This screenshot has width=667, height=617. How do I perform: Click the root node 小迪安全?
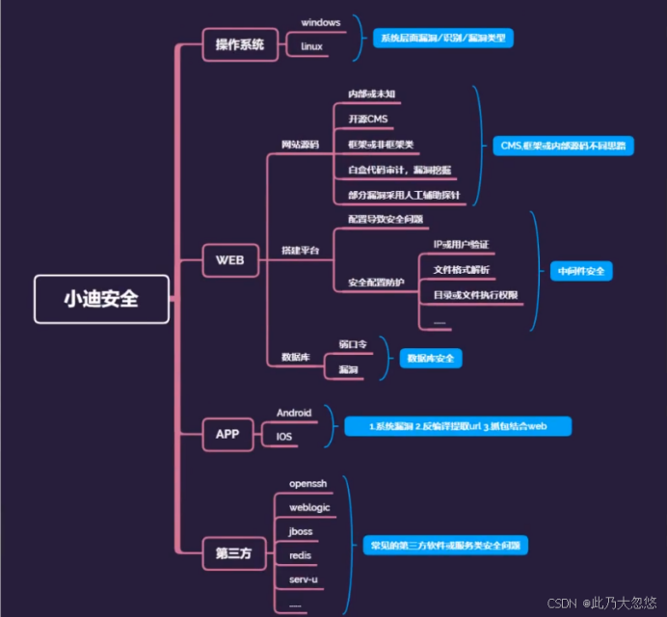point(101,299)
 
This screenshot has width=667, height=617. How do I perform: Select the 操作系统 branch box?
point(240,44)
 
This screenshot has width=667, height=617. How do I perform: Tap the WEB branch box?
point(229,260)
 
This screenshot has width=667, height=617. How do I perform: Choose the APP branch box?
point(227,435)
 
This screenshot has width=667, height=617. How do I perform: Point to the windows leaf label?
point(320,21)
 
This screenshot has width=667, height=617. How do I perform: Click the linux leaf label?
point(311,45)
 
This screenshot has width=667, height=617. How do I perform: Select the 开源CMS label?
point(367,119)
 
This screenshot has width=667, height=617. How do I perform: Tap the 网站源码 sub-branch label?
point(300,145)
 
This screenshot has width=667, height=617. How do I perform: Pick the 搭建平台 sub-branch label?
point(300,251)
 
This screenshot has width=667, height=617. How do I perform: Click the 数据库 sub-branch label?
point(295,357)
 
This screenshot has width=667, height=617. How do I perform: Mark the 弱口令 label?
point(353,344)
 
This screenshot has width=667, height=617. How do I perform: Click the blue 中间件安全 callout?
point(581,271)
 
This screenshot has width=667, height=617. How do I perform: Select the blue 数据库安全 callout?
point(431,358)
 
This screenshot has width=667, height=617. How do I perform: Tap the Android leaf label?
point(294,413)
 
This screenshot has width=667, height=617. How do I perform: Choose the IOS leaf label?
point(284,437)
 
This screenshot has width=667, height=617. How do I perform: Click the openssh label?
point(307,482)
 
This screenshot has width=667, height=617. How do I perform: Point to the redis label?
point(300,555)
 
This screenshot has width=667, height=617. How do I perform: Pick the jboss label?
point(301,531)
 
